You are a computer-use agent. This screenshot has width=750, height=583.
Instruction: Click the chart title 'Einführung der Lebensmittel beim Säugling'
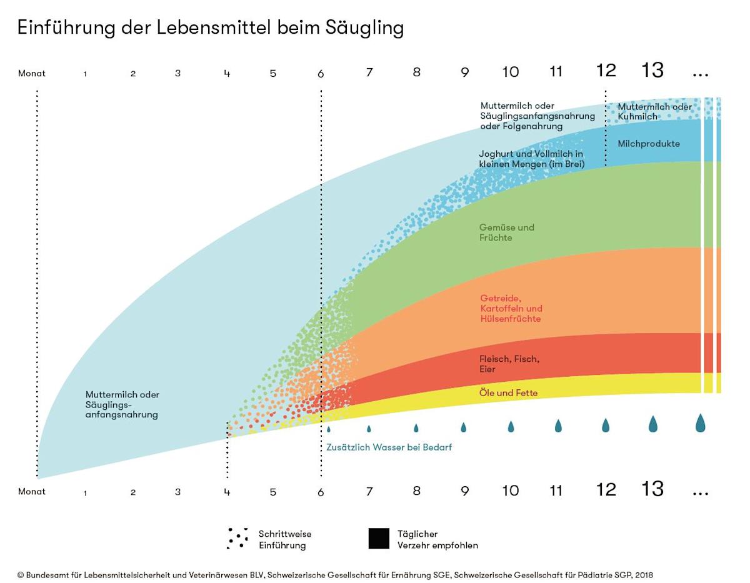(x=210, y=28)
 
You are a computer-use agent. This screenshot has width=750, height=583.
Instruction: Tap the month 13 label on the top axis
(x=652, y=71)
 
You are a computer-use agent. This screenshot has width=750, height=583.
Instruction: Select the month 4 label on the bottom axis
(x=227, y=492)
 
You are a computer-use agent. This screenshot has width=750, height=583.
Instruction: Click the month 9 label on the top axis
(x=464, y=72)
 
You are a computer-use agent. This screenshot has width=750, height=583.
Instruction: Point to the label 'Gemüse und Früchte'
(x=507, y=232)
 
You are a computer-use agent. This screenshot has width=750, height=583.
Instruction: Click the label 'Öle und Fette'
(x=508, y=393)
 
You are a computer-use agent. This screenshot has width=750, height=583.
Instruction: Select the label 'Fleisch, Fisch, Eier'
(x=509, y=364)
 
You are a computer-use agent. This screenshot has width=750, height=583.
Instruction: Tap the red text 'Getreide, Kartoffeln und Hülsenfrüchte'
(x=511, y=309)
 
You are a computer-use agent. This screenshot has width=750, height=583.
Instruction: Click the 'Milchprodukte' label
(x=648, y=144)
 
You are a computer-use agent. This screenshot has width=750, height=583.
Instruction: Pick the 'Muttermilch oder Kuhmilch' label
(x=654, y=111)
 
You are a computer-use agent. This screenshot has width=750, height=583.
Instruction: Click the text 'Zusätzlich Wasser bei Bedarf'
(x=389, y=447)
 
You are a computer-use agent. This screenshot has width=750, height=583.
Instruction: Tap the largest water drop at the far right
(x=701, y=423)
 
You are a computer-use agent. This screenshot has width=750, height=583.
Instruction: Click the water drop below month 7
(x=369, y=429)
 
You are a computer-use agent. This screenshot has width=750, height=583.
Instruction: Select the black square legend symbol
(x=379, y=539)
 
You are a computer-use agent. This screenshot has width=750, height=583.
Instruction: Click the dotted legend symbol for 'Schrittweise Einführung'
(x=237, y=538)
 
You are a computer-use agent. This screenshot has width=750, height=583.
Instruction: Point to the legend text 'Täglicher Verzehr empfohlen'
(x=437, y=539)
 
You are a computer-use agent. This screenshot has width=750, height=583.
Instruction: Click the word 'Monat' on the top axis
(x=32, y=74)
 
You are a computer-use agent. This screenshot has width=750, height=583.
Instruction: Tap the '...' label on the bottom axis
(x=700, y=492)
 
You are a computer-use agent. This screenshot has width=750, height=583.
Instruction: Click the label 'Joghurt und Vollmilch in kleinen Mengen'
(x=531, y=159)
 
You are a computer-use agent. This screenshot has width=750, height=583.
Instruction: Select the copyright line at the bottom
(x=335, y=574)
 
